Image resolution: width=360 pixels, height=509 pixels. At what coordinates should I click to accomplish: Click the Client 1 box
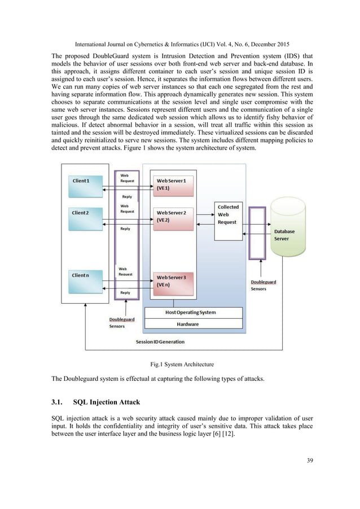click(90, 186)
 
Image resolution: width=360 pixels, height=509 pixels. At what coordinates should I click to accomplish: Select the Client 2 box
click(90, 218)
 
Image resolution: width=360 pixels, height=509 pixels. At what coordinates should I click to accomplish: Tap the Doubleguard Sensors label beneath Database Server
click(263, 284)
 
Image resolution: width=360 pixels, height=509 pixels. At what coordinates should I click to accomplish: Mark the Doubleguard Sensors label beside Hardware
click(122, 322)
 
